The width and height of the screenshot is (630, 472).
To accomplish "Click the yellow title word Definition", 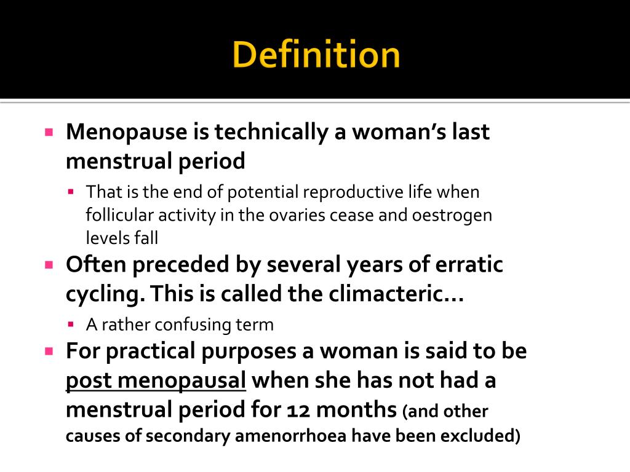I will tap(316, 55).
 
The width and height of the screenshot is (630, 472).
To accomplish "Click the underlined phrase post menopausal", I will tap(156, 380).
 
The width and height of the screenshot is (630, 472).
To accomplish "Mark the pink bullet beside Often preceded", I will tap(49, 265).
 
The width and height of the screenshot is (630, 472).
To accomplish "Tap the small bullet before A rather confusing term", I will tap(71, 324).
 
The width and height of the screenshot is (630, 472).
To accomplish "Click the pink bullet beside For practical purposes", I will tap(49, 352).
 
